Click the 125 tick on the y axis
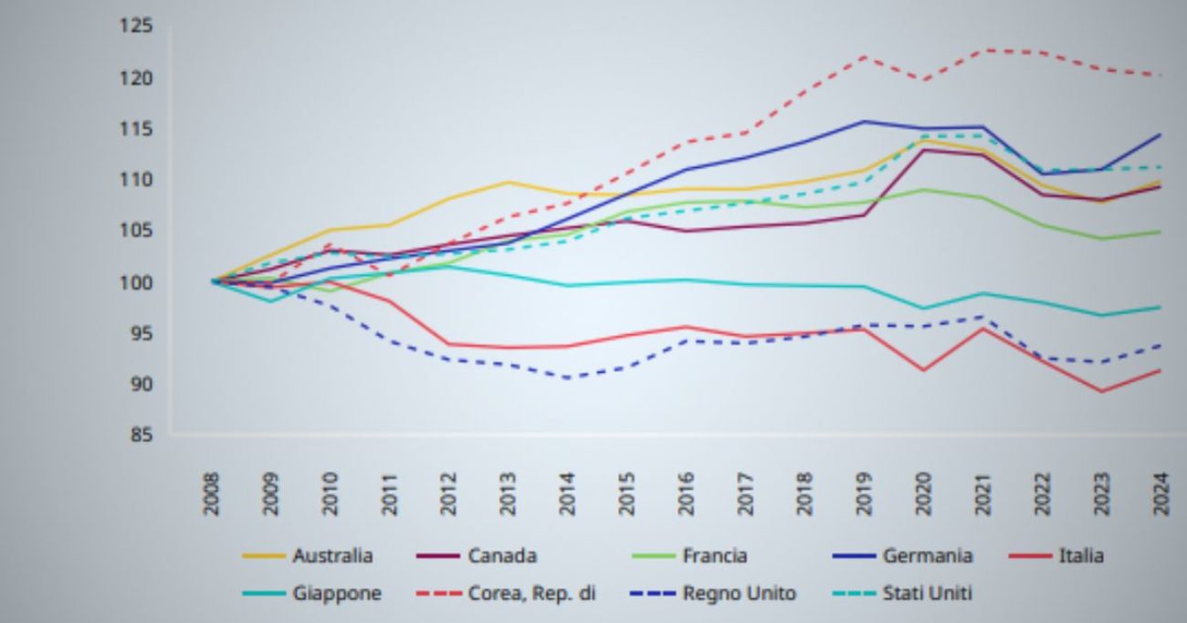pos(135,26)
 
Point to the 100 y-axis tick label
pos(135,282)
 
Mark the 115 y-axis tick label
pos(135,129)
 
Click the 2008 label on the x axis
pos(212,493)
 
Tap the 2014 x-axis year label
pos(568,493)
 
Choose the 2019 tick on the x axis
pos(865,493)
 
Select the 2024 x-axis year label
pos(1161,493)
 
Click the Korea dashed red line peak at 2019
pos(865,57)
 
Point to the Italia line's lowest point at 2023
pos(1102,392)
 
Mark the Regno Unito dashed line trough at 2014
pos(568,377)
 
